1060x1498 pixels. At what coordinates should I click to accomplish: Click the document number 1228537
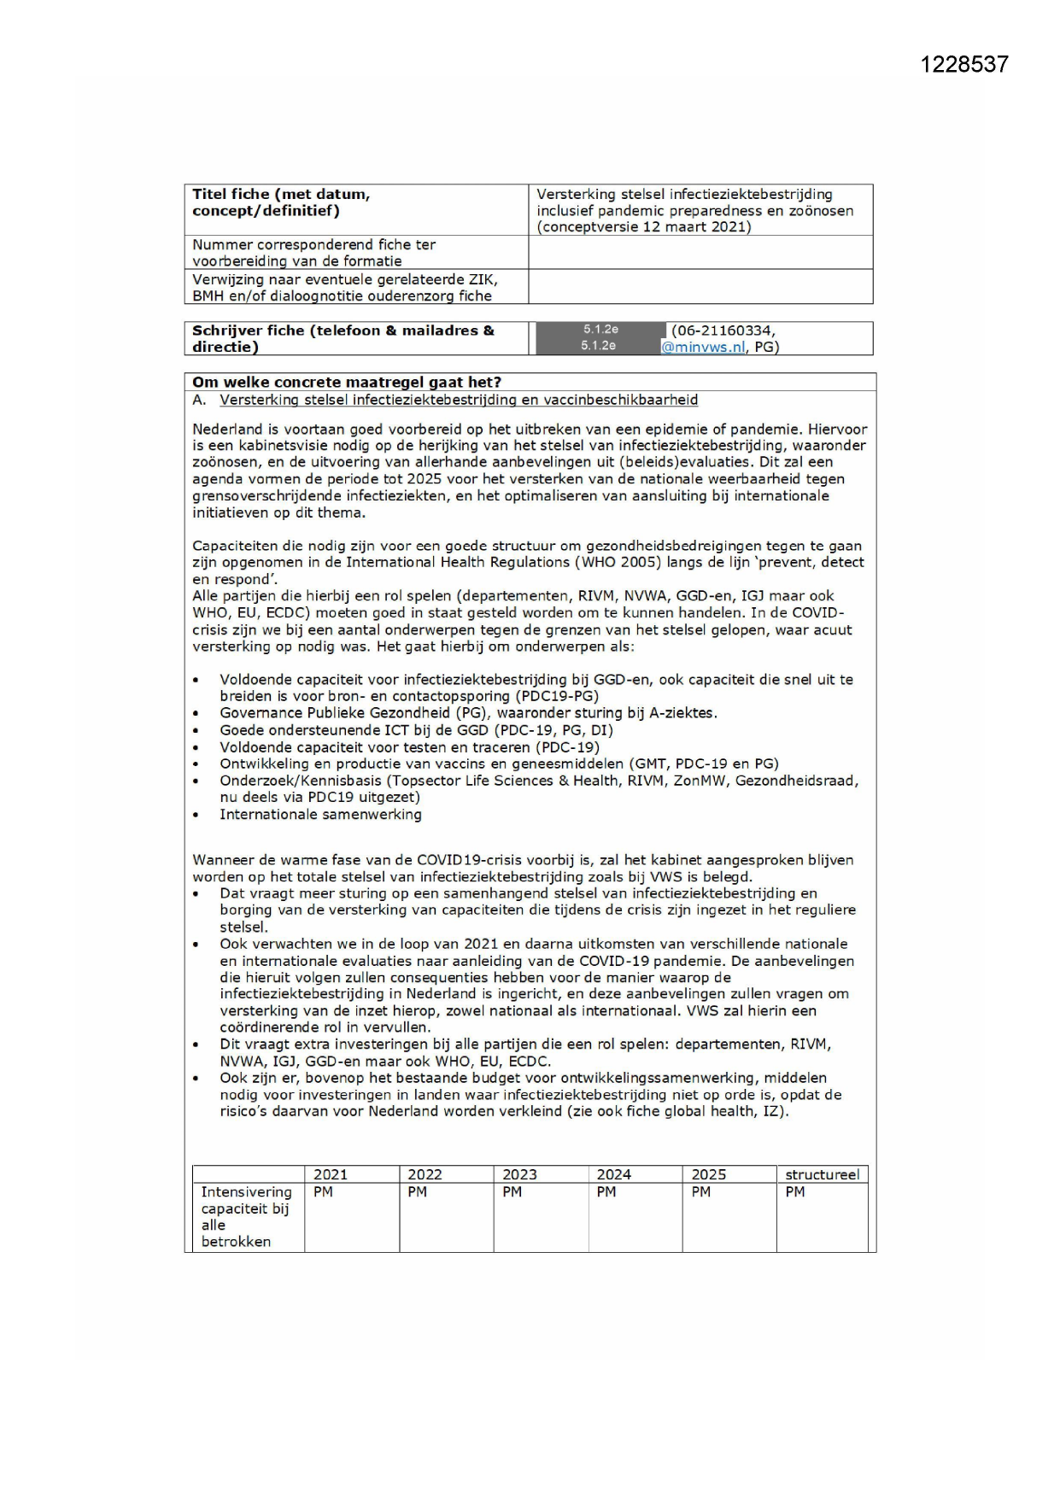(x=963, y=65)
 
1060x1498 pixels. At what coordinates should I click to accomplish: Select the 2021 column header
(x=331, y=1174)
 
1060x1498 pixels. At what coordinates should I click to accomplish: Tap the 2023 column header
(x=519, y=1174)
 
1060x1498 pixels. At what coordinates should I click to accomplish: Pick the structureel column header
(x=822, y=1174)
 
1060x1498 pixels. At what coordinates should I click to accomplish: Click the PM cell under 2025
(x=701, y=1191)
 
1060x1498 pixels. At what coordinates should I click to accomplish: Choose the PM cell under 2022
(x=418, y=1191)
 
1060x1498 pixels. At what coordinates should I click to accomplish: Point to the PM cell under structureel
(x=795, y=1191)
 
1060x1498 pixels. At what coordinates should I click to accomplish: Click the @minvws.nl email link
(x=702, y=347)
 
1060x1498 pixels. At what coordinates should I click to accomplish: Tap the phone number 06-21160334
(x=723, y=331)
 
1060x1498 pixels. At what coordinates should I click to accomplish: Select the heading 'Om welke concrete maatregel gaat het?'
(x=347, y=382)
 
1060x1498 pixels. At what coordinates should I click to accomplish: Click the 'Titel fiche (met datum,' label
(x=281, y=194)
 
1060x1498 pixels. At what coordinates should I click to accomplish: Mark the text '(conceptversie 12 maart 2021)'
(x=644, y=226)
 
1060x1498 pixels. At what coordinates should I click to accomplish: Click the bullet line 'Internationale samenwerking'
(x=320, y=814)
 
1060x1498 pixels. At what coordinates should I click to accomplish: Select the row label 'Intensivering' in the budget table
(x=246, y=1191)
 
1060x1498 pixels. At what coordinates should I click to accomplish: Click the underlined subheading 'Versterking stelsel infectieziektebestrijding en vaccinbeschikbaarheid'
(x=459, y=400)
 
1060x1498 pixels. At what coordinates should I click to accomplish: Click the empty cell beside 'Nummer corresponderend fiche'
(x=700, y=252)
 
